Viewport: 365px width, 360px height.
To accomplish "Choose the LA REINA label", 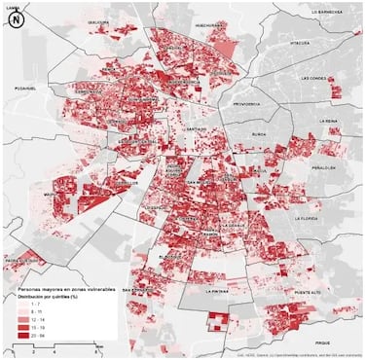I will [x=330, y=122].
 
